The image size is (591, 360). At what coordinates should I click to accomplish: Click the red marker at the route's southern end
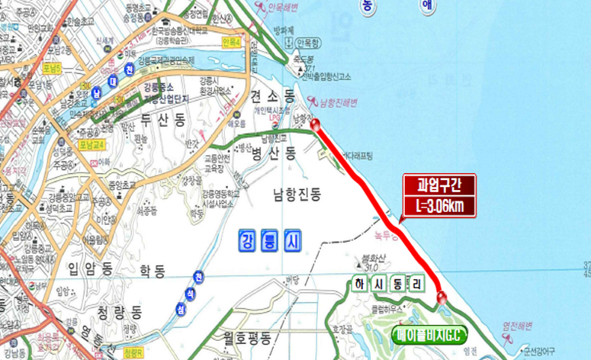pos(441,297)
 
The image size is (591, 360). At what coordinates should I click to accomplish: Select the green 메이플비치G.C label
pos(429,333)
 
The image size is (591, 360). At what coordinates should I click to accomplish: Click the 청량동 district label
pos(121,312)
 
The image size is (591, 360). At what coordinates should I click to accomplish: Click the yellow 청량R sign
pos(132,354)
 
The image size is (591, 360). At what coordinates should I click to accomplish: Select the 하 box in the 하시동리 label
pos(358,284)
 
